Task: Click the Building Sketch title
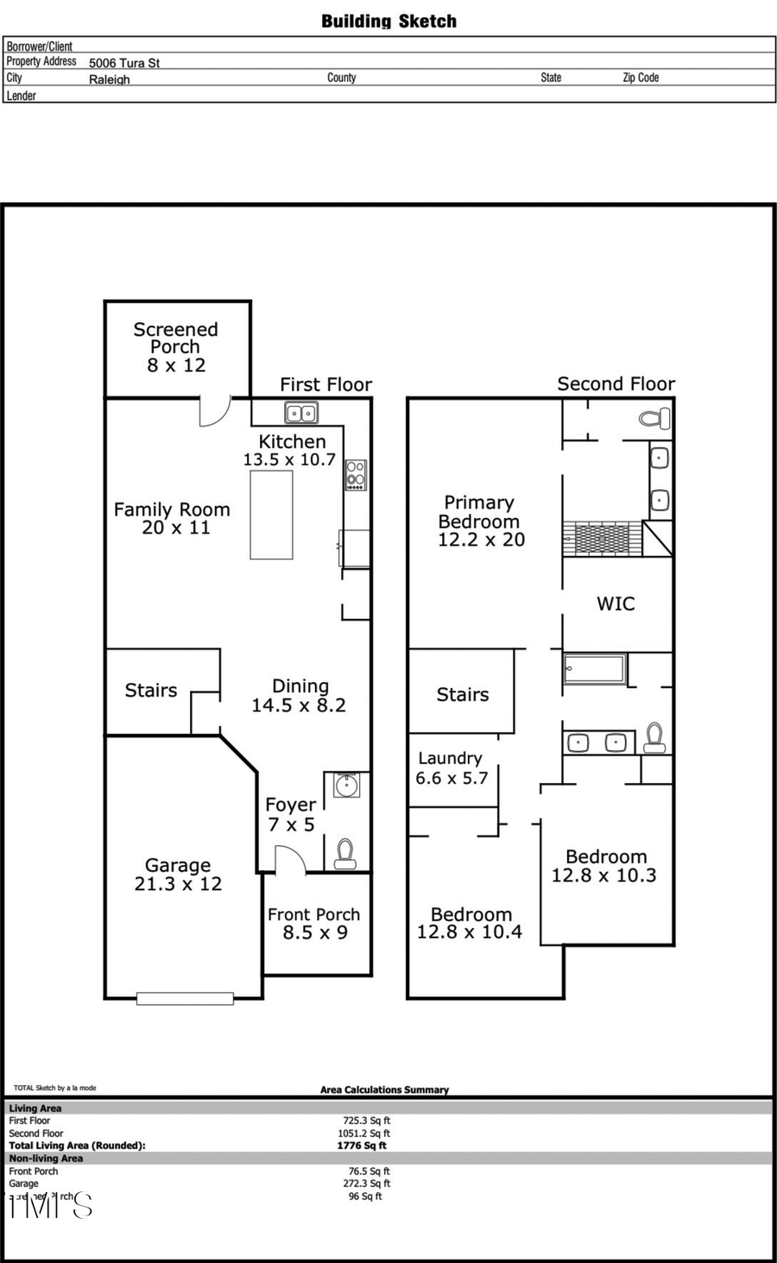point(388,22)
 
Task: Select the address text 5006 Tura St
point(124,63)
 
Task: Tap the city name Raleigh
point(110,79)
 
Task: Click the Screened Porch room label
point(175,347)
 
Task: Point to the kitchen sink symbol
point(301,413)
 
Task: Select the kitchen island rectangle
point(271,515)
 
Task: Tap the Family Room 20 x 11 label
point(173,519)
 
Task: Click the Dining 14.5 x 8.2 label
point(299,696)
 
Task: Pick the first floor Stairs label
point(151,691)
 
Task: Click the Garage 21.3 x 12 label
point(178,875)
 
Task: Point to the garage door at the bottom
point(186,999)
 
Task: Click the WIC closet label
point(616,604)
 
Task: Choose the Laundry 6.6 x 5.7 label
point(451,768)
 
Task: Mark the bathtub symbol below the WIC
point(594,670)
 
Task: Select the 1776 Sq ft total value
point(362,1146)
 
